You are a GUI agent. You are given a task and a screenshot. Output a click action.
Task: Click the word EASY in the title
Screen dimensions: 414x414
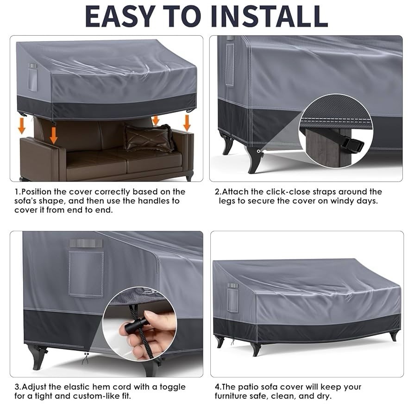point(120,16)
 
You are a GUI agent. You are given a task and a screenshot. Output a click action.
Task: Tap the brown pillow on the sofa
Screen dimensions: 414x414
point(149,138)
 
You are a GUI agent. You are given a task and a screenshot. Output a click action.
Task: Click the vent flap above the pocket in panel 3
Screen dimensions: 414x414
point(86,243)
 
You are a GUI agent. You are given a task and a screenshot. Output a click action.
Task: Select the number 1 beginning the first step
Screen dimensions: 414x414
point(17,192)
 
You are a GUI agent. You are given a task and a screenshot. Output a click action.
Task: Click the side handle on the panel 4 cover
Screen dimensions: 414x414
point(232,298)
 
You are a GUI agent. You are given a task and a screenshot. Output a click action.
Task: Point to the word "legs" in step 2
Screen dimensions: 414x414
point(227,201)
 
